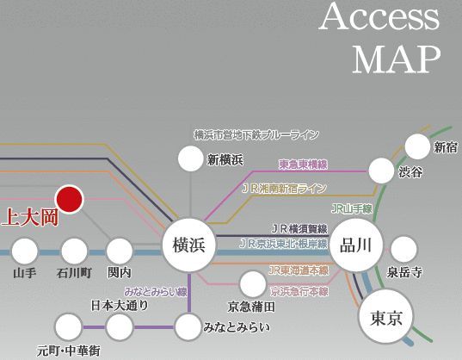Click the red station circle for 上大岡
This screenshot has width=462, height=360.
[68, 199]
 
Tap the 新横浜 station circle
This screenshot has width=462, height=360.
[189, 158]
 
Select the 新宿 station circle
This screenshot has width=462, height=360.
[417, 146]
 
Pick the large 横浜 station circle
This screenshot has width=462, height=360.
[188, 245]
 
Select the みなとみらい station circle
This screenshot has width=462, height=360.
[188, 326]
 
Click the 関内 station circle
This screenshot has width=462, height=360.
[120, 251]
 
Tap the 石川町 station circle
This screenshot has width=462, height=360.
[74, 251]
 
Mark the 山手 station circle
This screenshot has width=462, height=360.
[25, 251]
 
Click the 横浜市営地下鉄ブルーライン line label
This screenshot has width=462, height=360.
[256, 135]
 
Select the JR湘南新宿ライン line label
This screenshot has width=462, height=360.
[284, 188]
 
